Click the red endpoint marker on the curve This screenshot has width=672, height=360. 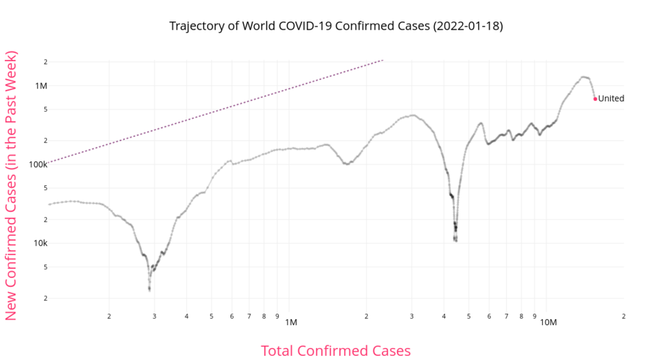tap(595, 99)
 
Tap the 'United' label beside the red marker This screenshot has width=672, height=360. tap(611, 99)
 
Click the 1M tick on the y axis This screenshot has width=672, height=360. tap(41, 85)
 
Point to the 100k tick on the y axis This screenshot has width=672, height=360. tap(38, 164)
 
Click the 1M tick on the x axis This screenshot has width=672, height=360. tap(290, 322)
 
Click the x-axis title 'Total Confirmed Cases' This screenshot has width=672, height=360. tap(335, 351)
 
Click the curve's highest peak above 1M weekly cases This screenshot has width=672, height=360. tap(583, 77)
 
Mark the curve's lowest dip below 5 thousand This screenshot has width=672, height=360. tap(149, 289)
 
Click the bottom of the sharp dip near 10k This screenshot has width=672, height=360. tap(456, 240)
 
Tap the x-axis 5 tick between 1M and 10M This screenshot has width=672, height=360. tap(469, 316)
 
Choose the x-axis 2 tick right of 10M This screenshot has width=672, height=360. tap(624, 316)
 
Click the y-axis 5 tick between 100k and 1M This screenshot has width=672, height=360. tap(45, 109)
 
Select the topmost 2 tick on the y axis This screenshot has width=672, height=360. tap(45, 62)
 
